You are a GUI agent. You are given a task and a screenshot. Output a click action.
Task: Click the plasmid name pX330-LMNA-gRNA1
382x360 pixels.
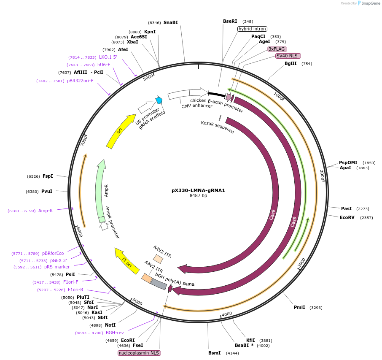198,190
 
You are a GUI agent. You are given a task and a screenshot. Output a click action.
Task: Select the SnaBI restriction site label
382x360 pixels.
170,22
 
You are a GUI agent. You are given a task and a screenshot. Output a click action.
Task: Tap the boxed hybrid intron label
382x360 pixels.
252,29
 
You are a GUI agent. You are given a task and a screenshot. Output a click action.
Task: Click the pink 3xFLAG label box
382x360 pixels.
277,49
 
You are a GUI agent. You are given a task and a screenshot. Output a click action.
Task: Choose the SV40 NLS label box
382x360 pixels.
288,56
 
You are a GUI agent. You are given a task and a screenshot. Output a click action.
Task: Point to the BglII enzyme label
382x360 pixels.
291,64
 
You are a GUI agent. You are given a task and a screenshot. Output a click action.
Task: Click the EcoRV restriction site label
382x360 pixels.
347,218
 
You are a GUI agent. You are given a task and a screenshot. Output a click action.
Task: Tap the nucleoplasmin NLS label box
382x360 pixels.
140,353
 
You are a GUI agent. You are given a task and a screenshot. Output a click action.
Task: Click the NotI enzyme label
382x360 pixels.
110,325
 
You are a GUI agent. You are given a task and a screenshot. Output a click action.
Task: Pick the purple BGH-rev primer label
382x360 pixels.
114,333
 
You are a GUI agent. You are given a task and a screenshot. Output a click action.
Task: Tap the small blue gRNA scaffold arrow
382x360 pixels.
159,100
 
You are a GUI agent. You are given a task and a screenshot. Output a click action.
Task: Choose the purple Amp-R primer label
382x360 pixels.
46,211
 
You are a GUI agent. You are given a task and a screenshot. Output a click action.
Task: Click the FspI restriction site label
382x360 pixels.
48,176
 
